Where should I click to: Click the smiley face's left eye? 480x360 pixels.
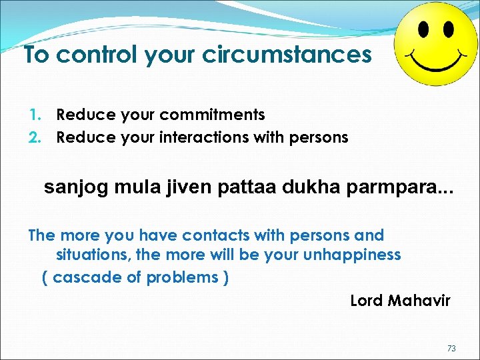pyautogui.click(x=423, y=29)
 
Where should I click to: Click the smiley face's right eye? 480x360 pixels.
pyautogui.click(x=448, y=29)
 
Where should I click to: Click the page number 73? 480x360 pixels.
pyautogui.click(x=451, y=349)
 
